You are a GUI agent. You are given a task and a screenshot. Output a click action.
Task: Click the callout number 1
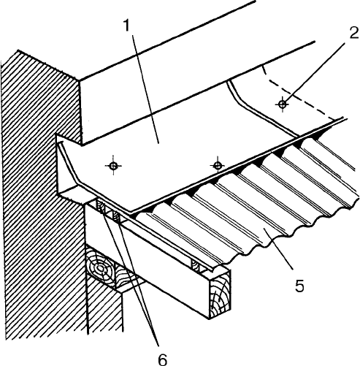pos(127,26)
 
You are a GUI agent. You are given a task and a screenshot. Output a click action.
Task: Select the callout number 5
pos(299,285)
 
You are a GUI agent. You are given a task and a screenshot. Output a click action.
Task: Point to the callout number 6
pos(163,359)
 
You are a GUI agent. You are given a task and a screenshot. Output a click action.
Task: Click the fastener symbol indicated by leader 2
pos(283,104)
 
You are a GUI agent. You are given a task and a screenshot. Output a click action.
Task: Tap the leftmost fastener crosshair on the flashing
pos(113,166)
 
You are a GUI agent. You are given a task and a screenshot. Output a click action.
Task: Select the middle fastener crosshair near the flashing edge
pos(217,166)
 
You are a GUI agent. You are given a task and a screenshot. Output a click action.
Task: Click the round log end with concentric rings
pos(100,269)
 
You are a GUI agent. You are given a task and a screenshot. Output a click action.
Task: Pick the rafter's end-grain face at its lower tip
pos(220,294)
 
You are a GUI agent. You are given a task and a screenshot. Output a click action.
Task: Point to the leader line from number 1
pos(145,90)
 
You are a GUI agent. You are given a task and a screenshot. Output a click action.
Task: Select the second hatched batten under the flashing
pos(116,216)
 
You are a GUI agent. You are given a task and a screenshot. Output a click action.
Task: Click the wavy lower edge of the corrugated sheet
pos(286,236)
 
